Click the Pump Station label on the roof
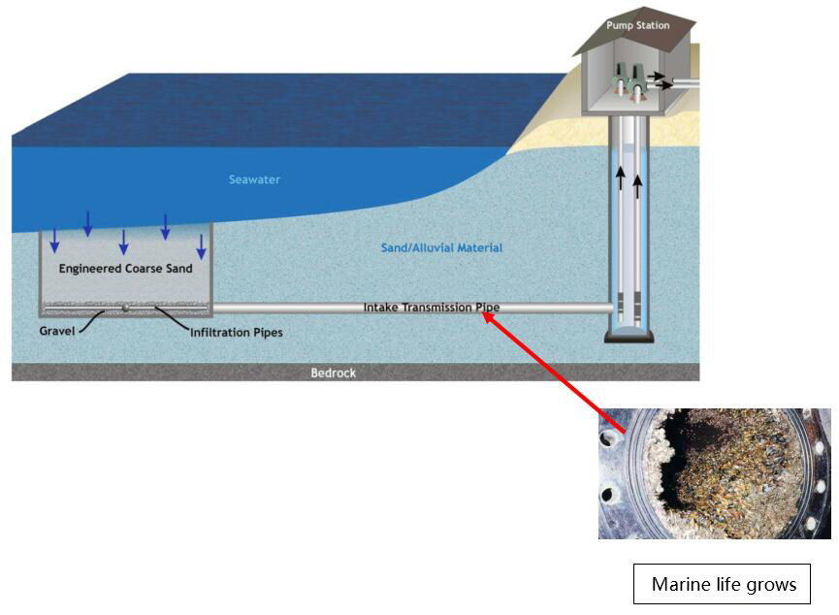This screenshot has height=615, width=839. [637, 25]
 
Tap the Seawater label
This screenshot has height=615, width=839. [254, 179]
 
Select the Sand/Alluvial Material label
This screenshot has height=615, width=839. [441, 248]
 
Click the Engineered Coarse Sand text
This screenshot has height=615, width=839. [125, 269]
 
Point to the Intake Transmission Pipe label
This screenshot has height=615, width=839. [432, 307]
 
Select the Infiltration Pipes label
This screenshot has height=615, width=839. [237, 333]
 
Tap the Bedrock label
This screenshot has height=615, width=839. [333, 372]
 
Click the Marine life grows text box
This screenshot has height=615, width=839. [723, 584]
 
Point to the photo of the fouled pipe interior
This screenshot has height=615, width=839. [714, 473]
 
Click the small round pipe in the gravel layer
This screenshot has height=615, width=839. [125, 308]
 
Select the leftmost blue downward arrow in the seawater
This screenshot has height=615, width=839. [54, 240]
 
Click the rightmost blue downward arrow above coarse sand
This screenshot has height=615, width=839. [202, 245]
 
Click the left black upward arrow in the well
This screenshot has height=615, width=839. [618, 178]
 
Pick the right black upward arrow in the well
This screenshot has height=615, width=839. [637, 184]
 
